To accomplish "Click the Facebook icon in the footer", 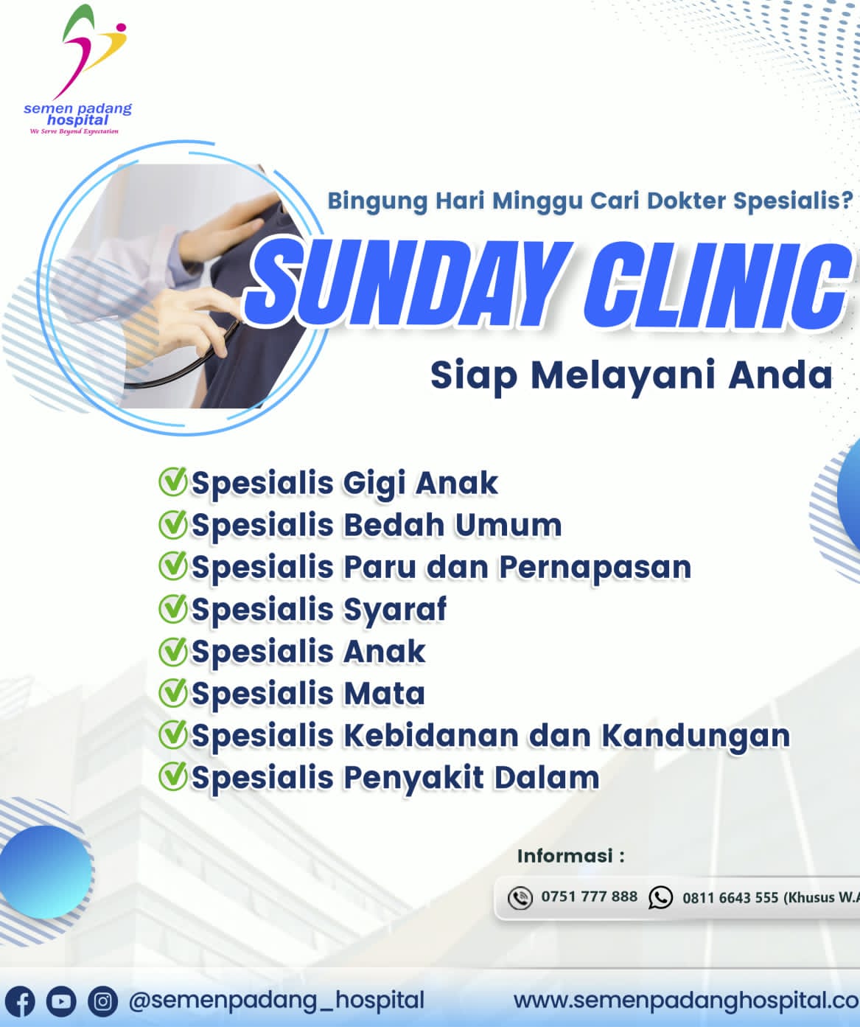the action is pos(20,1001).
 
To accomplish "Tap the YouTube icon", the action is pos(61,1001).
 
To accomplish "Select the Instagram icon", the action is pos(102,1001).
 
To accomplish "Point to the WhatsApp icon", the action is pos(660,897).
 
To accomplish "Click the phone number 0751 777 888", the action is pos(589,897).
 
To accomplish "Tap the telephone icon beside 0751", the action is pos(520,898).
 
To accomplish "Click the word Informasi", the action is pos(565,856).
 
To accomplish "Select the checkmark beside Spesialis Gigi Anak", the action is pos(172,481).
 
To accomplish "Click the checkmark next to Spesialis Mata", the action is pos(172,692).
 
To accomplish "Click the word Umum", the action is pos(508,526).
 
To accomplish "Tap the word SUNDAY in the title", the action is pos(410,285).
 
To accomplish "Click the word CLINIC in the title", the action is pos(718,285).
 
